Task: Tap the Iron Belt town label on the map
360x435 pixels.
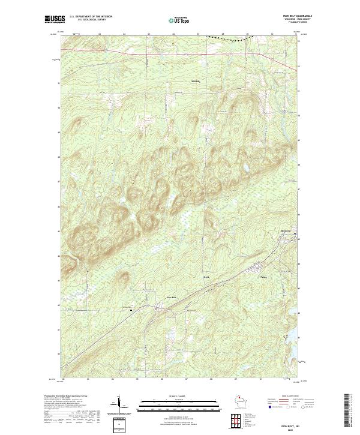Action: [x=170, y=295]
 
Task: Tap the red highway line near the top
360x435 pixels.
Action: [x=180, y=55]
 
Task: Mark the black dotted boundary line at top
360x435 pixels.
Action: [x=228, y=38]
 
